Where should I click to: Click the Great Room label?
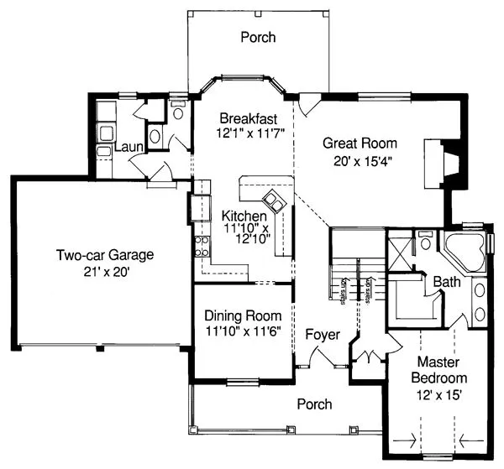pos(360,143)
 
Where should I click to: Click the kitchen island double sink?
pos(275,201)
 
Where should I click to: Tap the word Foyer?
pos(323,335)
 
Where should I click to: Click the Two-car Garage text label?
pos(106,255)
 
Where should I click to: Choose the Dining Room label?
pos(243,316)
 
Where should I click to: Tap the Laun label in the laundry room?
pos(129,148)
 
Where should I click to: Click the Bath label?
pos(446,283)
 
